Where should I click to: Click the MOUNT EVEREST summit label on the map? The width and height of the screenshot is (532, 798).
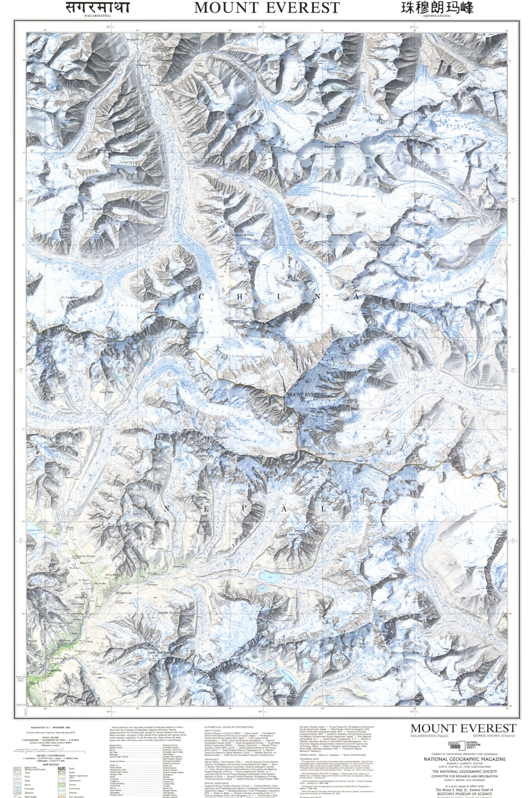coord(306,395)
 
